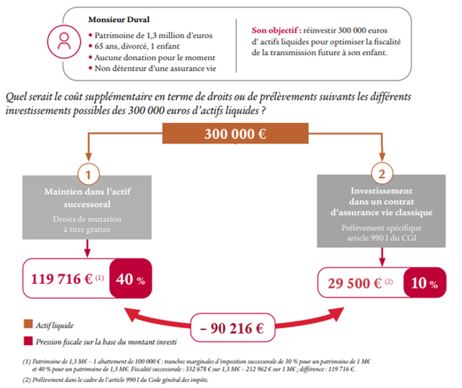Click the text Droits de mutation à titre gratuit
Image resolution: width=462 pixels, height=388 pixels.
89,224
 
